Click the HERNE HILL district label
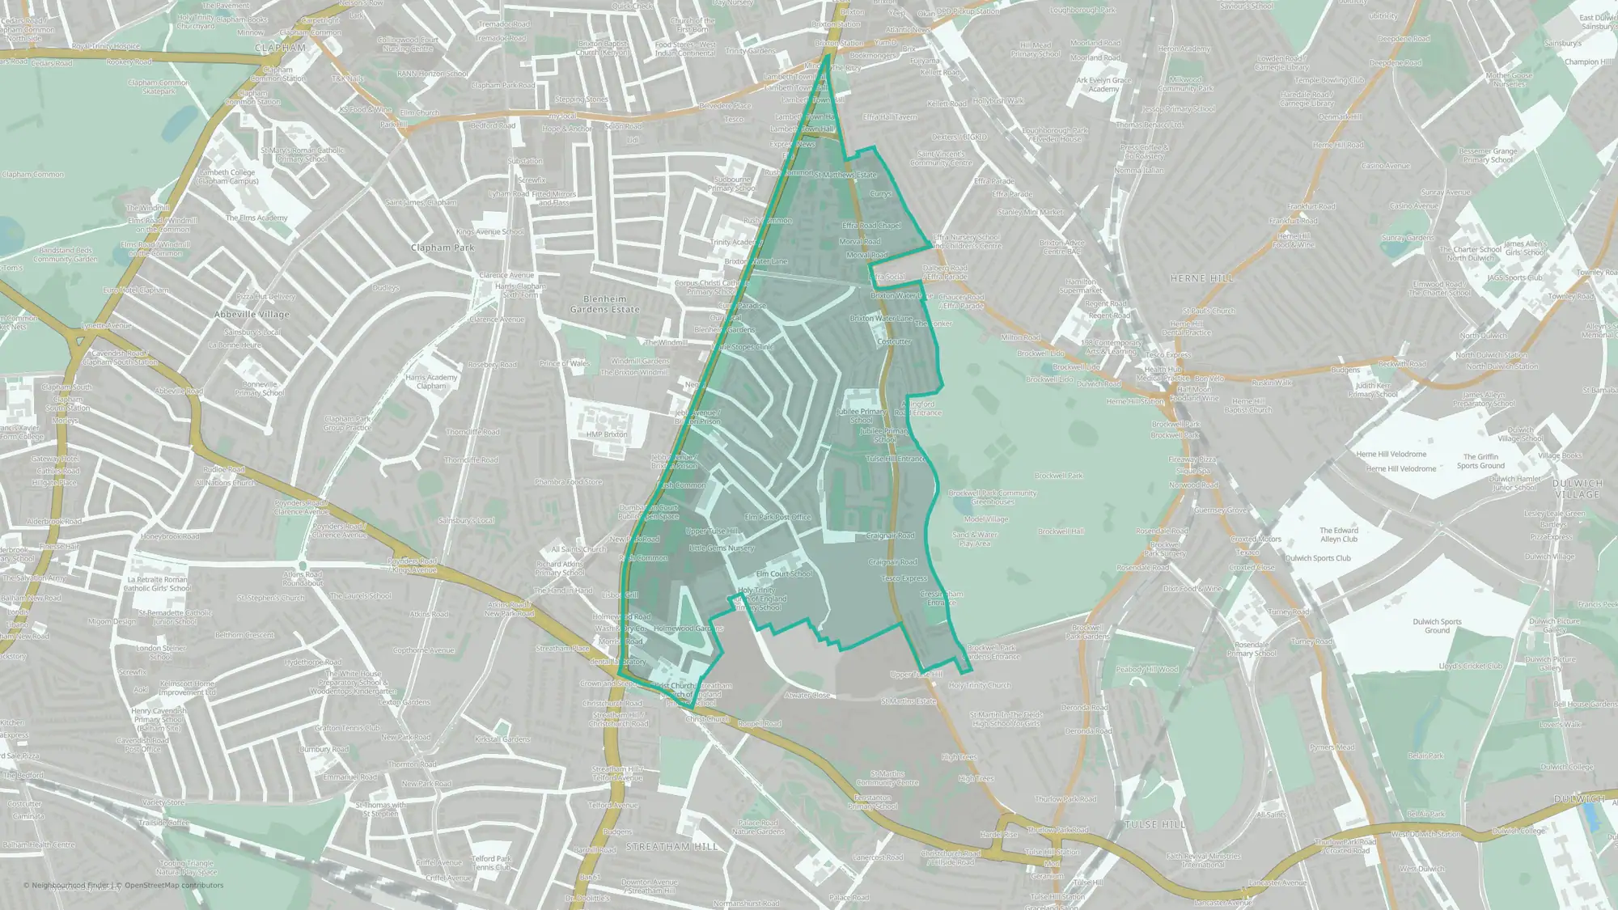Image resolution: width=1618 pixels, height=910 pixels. pos(1201,278)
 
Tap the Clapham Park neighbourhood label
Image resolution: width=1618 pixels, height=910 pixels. pos(442,248)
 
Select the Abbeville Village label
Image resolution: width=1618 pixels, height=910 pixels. pos(252,314)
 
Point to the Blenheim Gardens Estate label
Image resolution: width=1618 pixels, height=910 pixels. pos(604,304)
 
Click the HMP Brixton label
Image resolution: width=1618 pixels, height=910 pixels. pos(606,434)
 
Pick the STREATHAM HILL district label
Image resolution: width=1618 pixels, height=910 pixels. pos(672,846)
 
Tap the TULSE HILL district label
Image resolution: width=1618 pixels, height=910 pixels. pos(1154,824)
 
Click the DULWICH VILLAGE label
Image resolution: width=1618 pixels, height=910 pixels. pos(1577,489)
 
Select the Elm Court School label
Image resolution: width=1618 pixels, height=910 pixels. pos(783,574)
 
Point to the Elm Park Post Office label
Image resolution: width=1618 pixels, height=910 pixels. pos(777,517)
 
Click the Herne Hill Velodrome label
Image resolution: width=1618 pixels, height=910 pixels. pos(1391,455)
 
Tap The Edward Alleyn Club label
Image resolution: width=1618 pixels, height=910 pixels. pos(1339,535)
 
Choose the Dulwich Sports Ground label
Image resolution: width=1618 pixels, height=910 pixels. pos(1437,626)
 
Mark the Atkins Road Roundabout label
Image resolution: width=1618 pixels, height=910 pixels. pos(303,578)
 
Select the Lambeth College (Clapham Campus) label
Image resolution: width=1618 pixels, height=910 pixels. pos(227,176)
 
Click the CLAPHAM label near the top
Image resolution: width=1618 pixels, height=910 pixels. pos(280,48)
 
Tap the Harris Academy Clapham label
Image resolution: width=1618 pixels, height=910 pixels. pos(431,381)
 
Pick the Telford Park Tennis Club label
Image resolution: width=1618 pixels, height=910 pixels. pos(492,862)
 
